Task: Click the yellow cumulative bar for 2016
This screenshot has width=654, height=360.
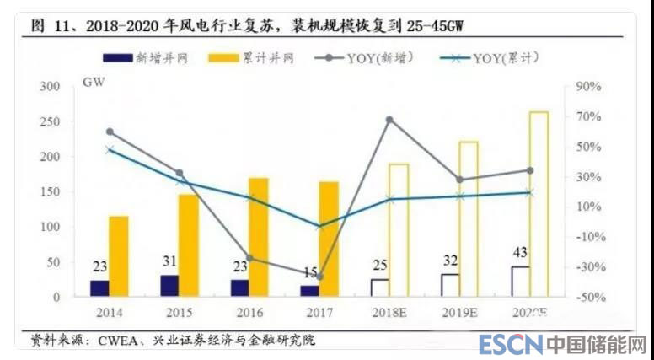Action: pos(259,237)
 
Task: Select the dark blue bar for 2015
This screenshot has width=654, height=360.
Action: pos(169,286)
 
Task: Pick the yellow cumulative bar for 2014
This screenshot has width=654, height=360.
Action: pos(119,256)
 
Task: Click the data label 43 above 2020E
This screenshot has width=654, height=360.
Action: pos(520,253)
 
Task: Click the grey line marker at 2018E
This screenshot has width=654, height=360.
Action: pos(389,120)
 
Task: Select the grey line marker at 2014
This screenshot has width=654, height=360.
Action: pos(110,132)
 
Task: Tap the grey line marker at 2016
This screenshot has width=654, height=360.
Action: pos(249,259)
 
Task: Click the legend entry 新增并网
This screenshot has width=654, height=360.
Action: pos(147,58)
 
